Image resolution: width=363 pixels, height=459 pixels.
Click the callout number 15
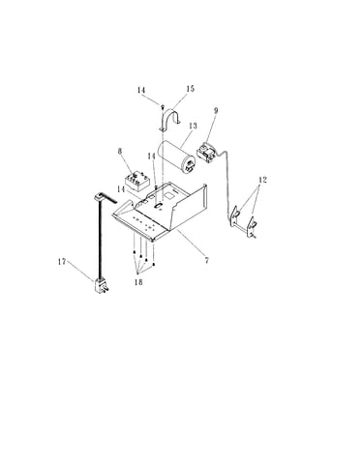coord(191,89)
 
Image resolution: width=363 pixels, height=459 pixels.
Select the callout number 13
coord(193,126)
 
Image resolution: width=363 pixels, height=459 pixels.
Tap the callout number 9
coord(216,110)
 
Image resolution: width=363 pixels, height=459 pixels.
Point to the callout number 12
coord(262,180)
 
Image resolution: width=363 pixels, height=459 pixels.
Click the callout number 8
coord(120,152)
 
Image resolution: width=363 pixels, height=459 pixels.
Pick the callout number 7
coord(206,260)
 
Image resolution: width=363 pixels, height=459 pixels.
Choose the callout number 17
coord(62,262)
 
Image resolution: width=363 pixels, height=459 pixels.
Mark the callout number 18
coord(138,282)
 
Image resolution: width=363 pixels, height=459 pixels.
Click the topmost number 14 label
coord(141,90)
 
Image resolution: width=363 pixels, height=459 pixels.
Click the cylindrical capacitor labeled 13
coord(176,157)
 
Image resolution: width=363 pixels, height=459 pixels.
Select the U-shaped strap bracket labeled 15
coord(170,120)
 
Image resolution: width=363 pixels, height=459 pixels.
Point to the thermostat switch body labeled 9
coord(206,152)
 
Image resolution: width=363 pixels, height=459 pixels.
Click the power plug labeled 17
coord(102,286)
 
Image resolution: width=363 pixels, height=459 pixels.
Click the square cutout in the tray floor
coord(169,195)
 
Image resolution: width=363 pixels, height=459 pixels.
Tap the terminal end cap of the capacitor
coord(190,164)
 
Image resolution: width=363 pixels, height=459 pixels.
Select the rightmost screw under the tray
coord(154,264)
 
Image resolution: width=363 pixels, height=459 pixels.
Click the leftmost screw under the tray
coord(134,252)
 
